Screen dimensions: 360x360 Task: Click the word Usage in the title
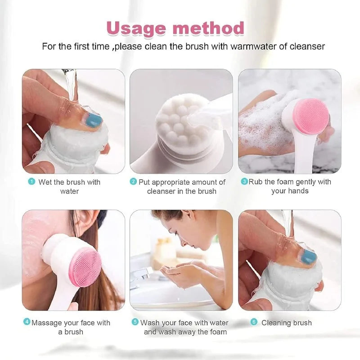[136, 28]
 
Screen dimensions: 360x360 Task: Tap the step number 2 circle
[133, 182]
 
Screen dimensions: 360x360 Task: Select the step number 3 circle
[244, 182]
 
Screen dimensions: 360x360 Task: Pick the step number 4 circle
[27, 323]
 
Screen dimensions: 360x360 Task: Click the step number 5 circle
[135, 323]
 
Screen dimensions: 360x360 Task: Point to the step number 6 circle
[254, 323]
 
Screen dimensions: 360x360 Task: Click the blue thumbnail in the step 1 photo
[94, 121]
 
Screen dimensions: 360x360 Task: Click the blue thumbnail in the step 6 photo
[309, 256]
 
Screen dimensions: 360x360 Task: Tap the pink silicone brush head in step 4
[85, 266]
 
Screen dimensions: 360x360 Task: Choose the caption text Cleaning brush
[286, 323]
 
